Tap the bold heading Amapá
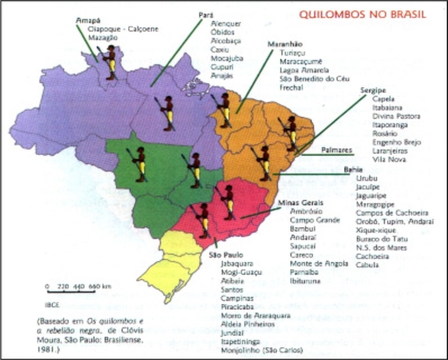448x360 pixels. [x=88, y=22]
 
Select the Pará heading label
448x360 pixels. [x=205, y=14]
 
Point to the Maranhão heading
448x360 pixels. [x=284, y=45]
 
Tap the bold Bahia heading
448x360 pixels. [x=353, y=170]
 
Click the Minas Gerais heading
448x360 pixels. [x=299, y=203]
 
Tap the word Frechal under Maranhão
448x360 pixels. [x=291, y=86]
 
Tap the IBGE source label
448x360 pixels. [x=52, y=306]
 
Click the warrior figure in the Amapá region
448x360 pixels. [x=110, y=60]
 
